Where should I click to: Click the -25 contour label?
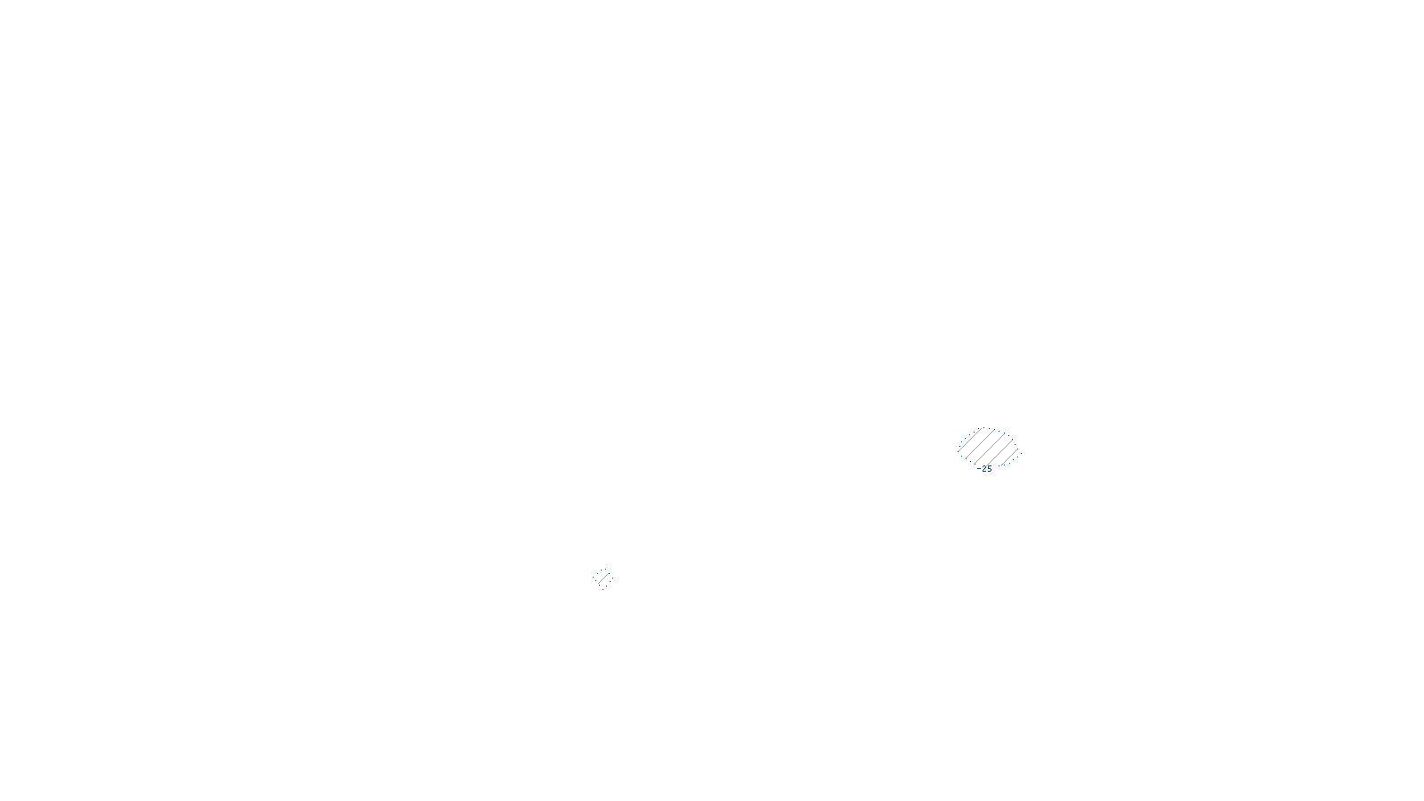coord(984,468)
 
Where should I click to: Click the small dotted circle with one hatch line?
coord(603,578)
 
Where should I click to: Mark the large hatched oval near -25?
coord(988,448)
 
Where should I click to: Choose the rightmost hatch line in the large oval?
coord(1010,458)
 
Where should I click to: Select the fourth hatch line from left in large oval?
coord(999,453)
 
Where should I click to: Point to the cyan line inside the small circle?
coord(603,578)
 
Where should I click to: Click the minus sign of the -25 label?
coord(978,468)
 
